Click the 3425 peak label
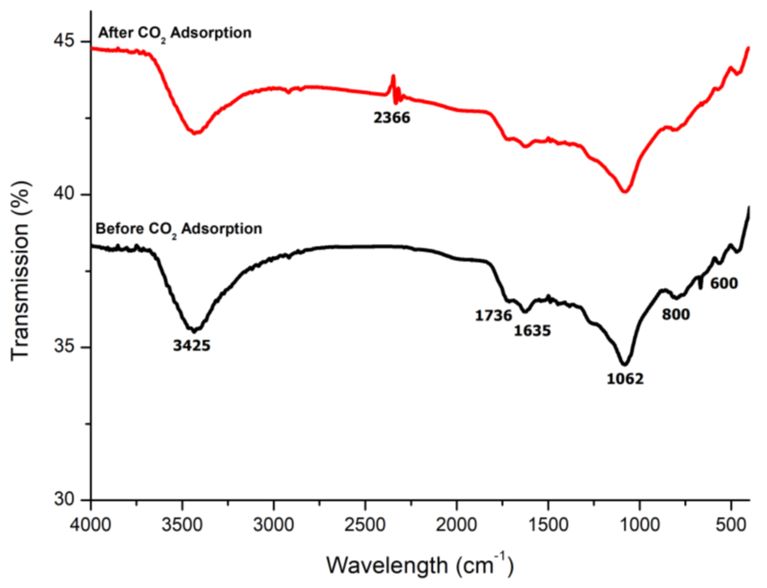(192, 346)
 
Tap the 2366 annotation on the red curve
(392, 118)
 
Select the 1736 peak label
(493, 316)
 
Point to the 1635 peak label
(532, 330)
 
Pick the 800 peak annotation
(676, 315)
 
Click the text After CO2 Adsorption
(175, 34)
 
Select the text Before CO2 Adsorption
(179, 230)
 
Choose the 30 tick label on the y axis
(64, 499)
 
